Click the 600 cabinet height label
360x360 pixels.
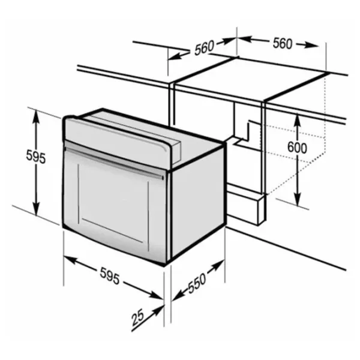(297, 148)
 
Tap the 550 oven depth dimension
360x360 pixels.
(197, 283)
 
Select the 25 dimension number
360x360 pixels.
(137, 317)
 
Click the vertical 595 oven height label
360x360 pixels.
(35, 157)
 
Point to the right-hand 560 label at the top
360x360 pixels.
(283, 43)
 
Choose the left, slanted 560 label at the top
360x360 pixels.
(204, 48)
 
